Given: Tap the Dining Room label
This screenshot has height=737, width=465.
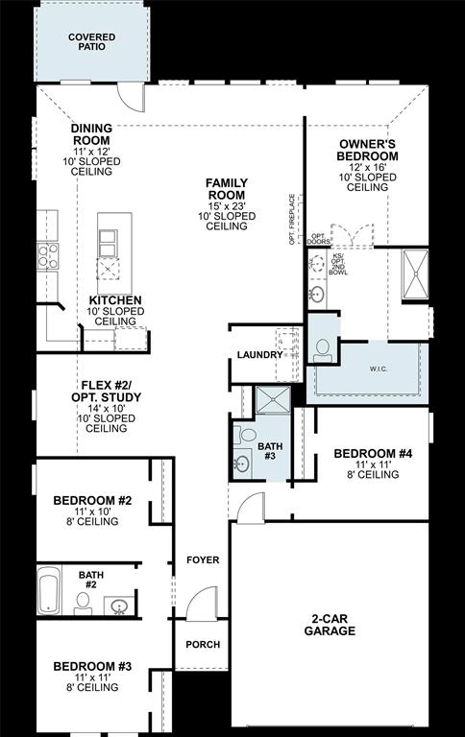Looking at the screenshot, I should [91, 134].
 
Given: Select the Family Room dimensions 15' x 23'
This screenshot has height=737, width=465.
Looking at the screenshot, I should [227, 205].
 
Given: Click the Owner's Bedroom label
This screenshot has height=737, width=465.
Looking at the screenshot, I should [368, 150].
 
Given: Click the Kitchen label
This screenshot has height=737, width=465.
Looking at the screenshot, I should [115, 300].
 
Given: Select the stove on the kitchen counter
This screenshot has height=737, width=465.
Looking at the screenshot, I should [46, 255].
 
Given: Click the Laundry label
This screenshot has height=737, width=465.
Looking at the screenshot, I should [259, 355].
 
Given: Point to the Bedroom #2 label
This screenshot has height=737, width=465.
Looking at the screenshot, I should [92, 500].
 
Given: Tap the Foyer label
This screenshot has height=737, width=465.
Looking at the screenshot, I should [203, 559].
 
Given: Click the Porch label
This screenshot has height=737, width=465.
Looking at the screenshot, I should [203, 645].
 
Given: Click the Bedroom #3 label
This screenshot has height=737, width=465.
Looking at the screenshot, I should [92, 666].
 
